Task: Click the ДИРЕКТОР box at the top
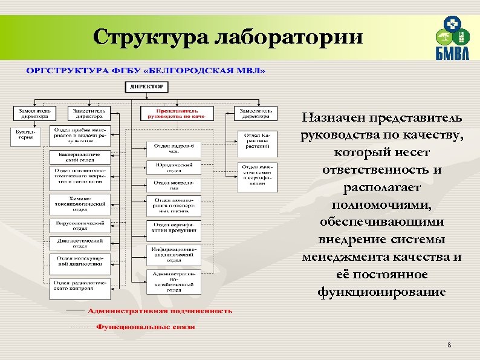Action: (x=146, y=87)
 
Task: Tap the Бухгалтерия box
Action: (x=25, y=135)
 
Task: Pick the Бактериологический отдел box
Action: (x=79, y=158)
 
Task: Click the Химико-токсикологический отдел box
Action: (x=79, y=204)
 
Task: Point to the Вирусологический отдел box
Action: (x=79, y=226)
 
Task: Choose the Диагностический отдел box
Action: (x=79, y=243)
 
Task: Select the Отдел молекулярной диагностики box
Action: (x=79, y=261)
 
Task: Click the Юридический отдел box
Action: (x=173, y=168)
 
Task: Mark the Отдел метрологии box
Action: (x=173, y=183)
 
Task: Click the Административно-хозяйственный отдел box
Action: (x=173, y=282)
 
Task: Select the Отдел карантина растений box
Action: (x=258, y=140)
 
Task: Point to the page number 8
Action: (x=449, y=345)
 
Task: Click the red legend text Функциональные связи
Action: (x=146, y=327)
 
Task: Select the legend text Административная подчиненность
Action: (x=160, y=310)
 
